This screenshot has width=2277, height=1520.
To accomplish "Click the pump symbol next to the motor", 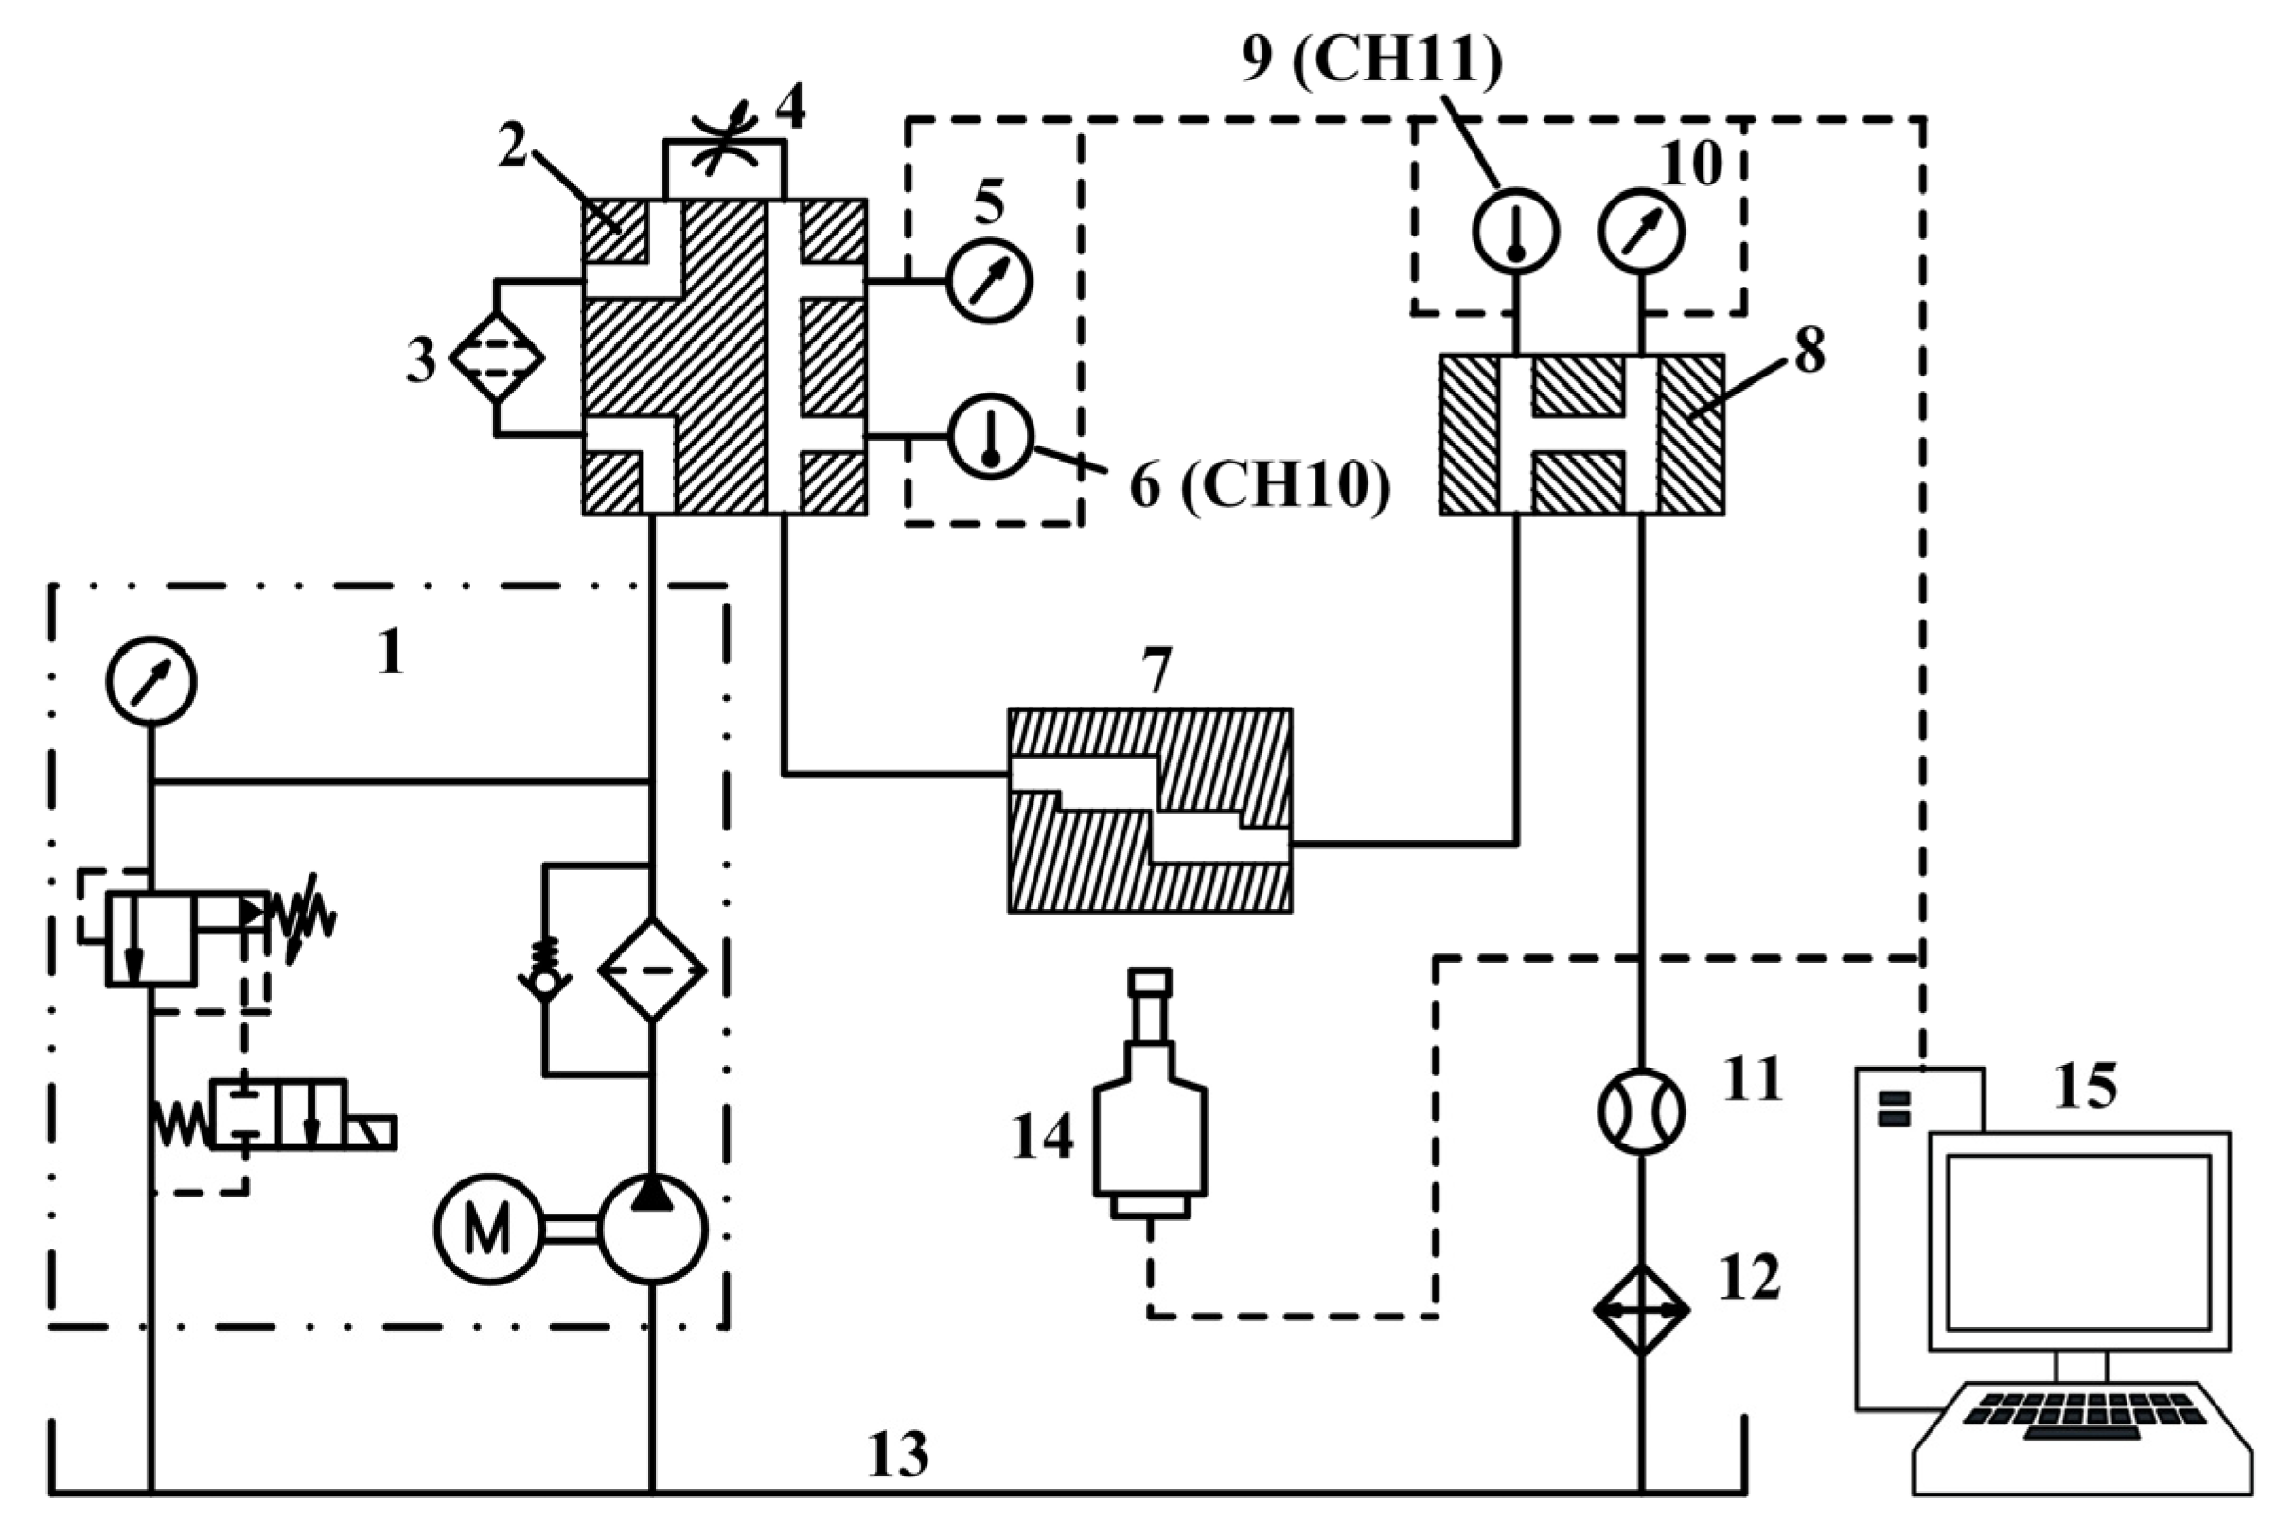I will point(652,1230).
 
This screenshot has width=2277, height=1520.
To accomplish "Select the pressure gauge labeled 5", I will point(988,281).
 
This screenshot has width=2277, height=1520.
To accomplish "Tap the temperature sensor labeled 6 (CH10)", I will point(990,437).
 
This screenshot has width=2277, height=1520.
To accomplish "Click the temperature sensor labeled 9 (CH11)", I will point(1516,232).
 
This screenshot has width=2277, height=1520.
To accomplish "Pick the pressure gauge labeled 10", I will point(1642,232).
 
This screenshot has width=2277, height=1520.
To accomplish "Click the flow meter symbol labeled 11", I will point(1641,1112).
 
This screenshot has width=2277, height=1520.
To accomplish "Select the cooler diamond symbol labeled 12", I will point(1641,1311).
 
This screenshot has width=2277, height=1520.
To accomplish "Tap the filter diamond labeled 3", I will point(497,358).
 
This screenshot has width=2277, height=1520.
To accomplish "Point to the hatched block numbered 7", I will point(1149,811).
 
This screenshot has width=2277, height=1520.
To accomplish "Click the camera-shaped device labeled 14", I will point(1150,1115).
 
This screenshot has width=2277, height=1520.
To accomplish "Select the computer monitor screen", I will point(2078,1243).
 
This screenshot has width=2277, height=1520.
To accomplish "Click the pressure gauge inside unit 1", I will point(151,680).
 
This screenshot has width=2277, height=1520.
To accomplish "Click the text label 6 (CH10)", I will point(1260,484).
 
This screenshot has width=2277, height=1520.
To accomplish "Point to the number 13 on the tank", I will point(897,1454).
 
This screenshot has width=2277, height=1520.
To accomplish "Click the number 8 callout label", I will point(1809,351).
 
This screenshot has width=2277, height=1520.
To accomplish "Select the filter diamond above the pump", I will point(652,970).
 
